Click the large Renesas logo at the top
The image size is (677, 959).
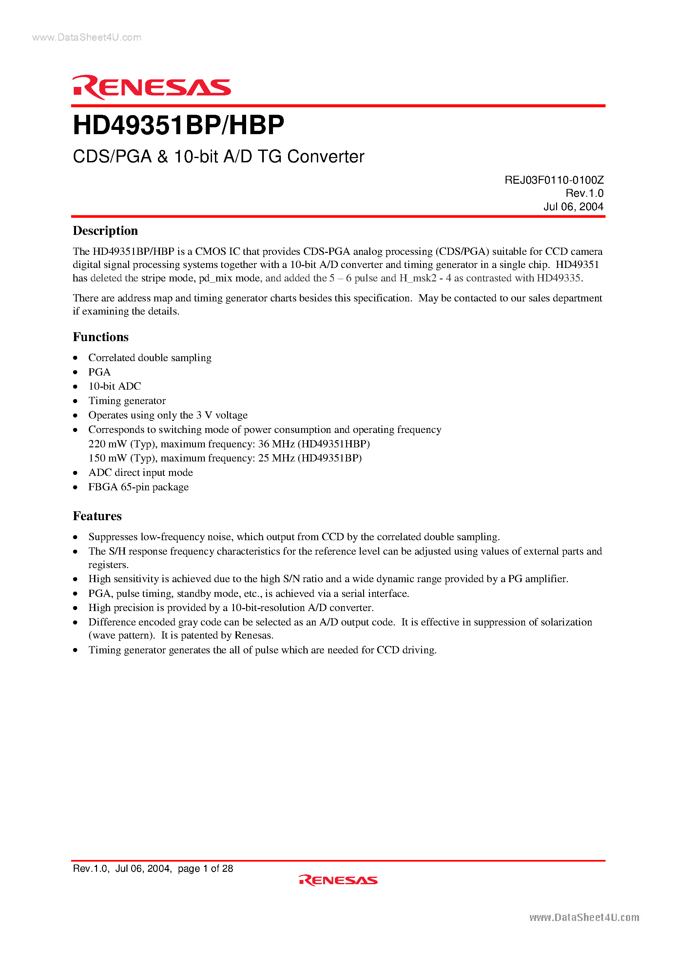tap(151, 87)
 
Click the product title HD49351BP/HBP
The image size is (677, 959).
tap(178, 125)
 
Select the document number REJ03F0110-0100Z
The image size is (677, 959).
tap(554, 180)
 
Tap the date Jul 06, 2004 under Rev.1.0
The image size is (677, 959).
tap(573, 207)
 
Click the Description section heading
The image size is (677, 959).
tap(105, 231)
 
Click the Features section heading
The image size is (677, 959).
tap(97, 516)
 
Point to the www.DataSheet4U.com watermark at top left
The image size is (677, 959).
tap(87, 38)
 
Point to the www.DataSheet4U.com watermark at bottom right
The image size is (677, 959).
tap(584, 918)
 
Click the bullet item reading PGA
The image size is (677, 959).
tap(99, 372)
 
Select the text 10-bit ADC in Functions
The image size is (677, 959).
tap(115, 386)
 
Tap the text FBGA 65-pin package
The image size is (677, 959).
tap(138, 487)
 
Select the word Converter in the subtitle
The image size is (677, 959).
tap(326, 157)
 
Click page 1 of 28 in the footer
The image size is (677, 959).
tap(205, 868)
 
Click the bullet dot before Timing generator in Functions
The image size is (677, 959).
tap(76, 401)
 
